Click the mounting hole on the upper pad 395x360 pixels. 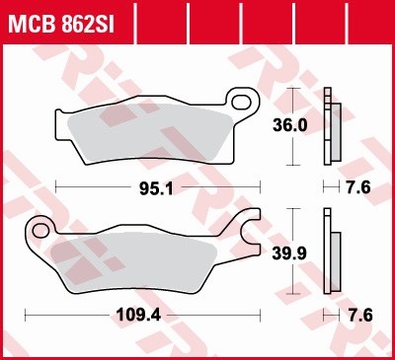click(x=238, y=100)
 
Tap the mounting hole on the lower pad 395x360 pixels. click(x=42, y=230)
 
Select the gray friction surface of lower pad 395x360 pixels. click(x=148, y=254)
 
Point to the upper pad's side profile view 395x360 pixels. click(x=332, y=126)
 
